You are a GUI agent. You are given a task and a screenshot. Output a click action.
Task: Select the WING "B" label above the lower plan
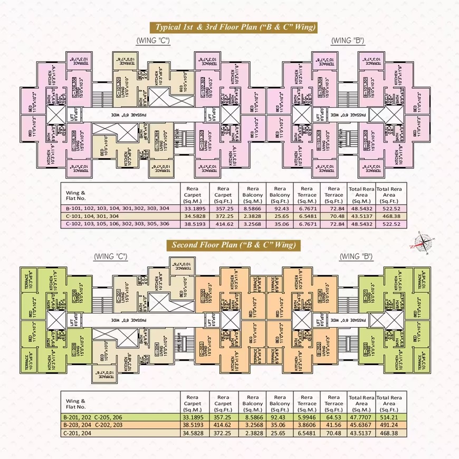tap(356, 256)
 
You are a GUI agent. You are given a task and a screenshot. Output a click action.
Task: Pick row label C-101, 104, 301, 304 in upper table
tap(95, 216)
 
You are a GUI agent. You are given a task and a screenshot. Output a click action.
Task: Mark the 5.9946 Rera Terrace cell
tap(307, 416)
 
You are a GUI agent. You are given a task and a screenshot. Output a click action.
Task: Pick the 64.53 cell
tap(333, 416)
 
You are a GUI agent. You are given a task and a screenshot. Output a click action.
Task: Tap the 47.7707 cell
tap(361, 416)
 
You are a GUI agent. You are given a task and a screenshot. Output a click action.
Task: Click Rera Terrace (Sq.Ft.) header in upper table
tap(333, 195)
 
